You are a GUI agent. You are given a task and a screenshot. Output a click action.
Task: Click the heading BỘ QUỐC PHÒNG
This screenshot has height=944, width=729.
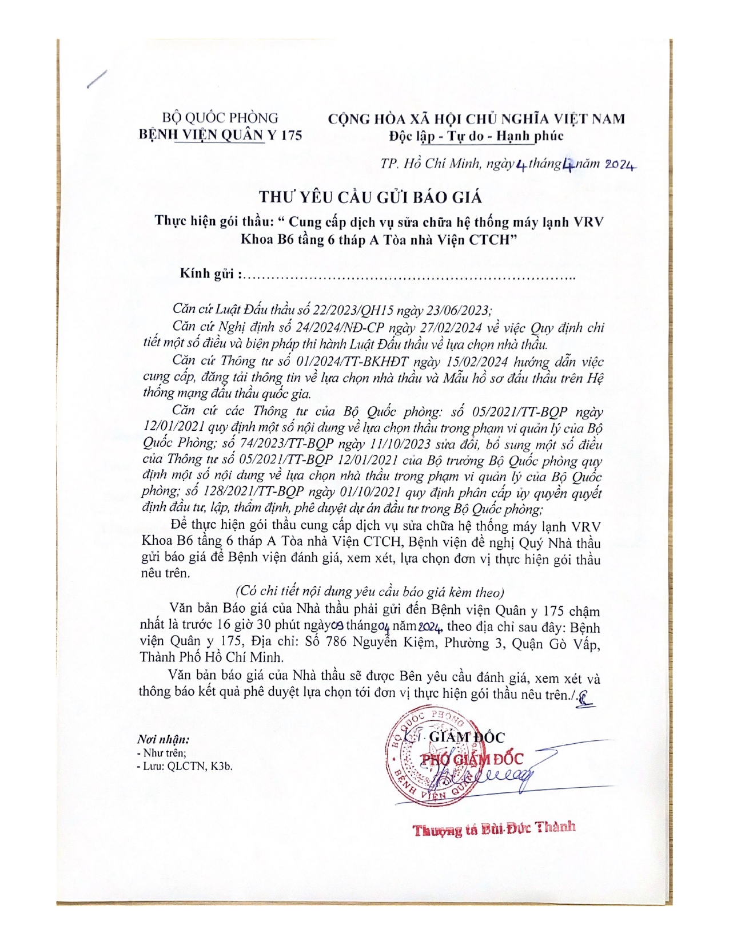click(220, 118)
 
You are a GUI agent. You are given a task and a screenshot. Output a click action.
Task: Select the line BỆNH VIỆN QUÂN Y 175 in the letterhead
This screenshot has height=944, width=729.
click(221, 135)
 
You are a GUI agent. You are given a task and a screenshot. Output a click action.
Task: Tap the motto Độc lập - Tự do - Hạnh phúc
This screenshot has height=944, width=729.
click(476, 136)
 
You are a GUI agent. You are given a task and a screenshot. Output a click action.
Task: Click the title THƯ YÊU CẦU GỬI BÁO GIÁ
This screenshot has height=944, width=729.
click(370, 197)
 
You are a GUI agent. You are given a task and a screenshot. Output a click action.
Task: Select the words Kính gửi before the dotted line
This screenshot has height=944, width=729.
click(207, 273)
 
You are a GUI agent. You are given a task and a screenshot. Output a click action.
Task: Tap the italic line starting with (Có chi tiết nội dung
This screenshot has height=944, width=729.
click(369, 592)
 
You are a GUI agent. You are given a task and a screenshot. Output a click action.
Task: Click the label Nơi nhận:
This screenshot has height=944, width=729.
click(164, 739)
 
